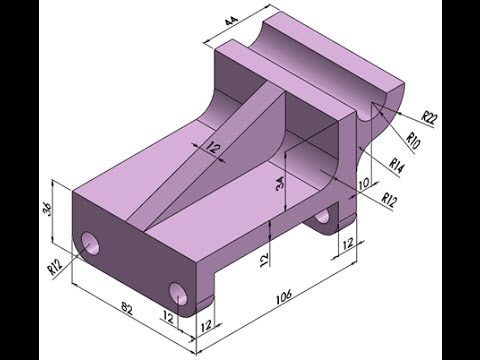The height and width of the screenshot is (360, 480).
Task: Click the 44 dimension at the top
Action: pyautogui.click(x=231, y=21)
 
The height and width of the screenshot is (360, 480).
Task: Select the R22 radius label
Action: pyautogui.click(x=429, y=118)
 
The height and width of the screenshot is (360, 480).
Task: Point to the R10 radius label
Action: pyautogui.click(x=413, y=141)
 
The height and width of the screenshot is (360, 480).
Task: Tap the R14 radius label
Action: pyautogui.click(x=398, y=166)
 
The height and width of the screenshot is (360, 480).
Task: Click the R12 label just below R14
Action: pyautogui.click(x=389, y=199)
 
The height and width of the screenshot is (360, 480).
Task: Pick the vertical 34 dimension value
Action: pyautogui.click(x=280, y=183)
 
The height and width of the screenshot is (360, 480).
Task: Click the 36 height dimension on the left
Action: pyautogui.click(x=47, y=210)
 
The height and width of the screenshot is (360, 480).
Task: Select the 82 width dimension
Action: pyautogui.click(x=127, y=308)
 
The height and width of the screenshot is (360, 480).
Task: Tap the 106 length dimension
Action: pyautogui.click(x=284, y=296)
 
